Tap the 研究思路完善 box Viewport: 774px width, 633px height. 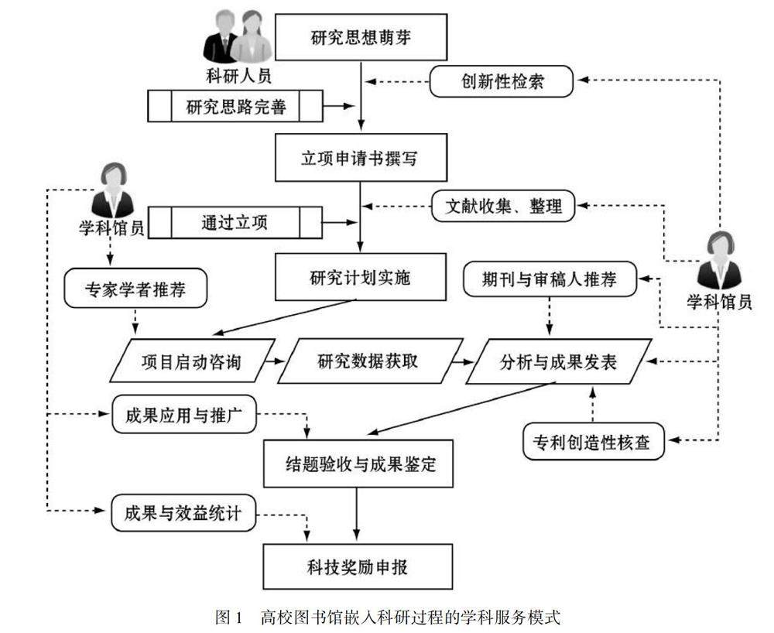[235, 106]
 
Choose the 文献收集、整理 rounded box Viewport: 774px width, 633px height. [503, 207]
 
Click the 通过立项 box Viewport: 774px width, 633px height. [235, 223]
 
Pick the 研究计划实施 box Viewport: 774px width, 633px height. [361, 277]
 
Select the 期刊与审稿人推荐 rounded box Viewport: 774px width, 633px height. [550, 279]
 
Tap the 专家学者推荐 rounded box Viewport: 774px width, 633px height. [135, 291]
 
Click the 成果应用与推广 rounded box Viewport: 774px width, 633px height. [183, 416]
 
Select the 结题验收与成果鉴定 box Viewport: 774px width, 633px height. [358, 464]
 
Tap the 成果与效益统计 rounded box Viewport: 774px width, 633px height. [183, 515]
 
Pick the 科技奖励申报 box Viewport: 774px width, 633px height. [358, 566]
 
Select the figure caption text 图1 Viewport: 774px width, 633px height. [230, 617]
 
